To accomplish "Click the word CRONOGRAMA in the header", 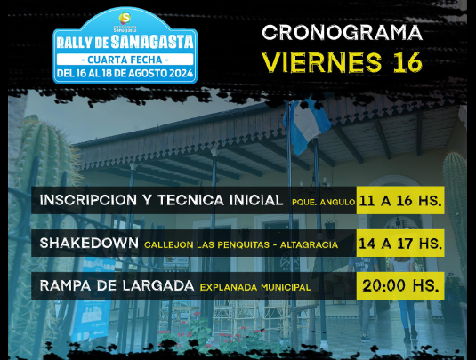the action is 343,33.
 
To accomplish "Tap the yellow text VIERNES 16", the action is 342,62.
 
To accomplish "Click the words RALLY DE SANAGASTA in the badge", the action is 125,42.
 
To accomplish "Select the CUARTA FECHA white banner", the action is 125,60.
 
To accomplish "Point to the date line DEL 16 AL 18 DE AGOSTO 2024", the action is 125,74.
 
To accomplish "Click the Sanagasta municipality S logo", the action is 125,18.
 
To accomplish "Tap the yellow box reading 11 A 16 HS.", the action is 400,201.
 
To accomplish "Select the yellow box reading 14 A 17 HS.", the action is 400,244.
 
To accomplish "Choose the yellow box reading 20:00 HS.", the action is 400,285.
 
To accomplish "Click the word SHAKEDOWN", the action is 89,243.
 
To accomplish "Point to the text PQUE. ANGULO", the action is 323,202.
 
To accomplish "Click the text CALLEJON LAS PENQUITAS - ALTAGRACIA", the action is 241,244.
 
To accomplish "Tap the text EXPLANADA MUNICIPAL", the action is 255,287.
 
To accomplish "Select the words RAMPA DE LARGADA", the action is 117,285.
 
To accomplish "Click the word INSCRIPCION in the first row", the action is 88,200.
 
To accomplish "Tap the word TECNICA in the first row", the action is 191,200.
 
